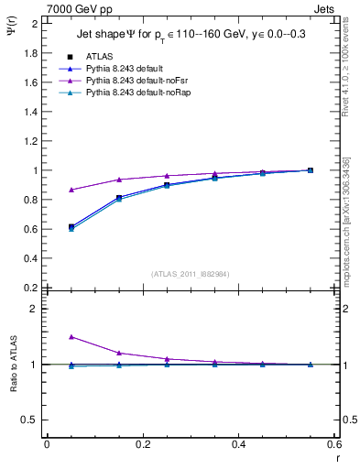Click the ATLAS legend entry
click(x=99, y=56)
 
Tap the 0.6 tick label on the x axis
click(x=336, y=443)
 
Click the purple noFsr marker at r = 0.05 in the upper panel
click(x=71, y=190)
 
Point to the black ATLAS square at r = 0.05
click(x=71, y=226)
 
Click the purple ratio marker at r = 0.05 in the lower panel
click(x=71, y=337)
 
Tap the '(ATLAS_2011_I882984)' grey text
click(x=191, y=273)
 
